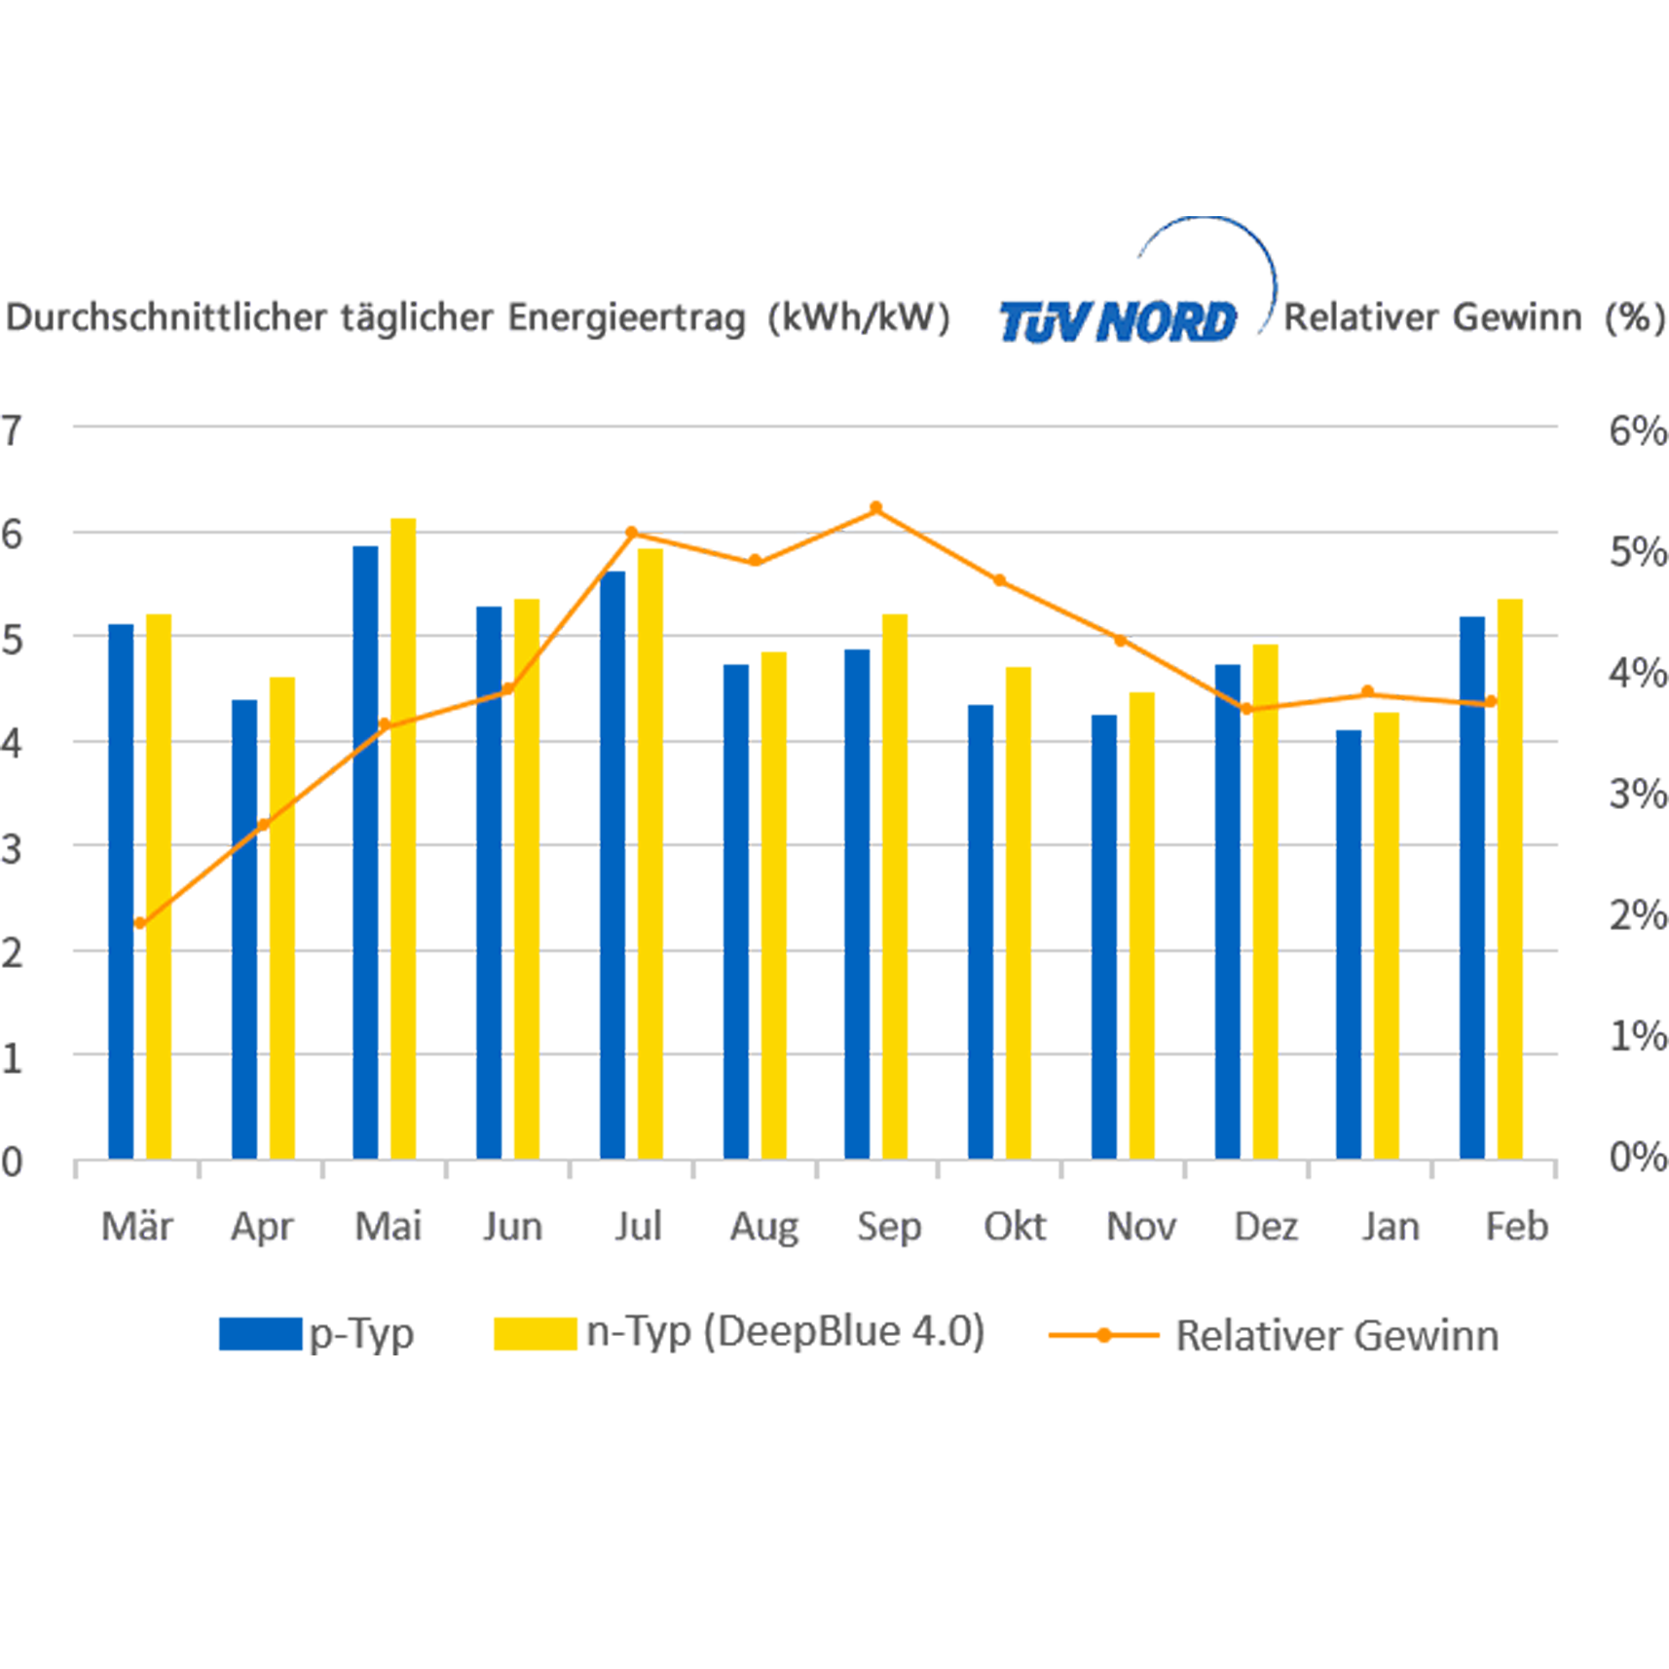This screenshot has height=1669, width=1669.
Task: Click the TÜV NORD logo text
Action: (1118, 321)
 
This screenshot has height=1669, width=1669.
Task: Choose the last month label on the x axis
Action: (1519, 1224)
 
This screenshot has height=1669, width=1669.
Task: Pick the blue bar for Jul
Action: (602, 857)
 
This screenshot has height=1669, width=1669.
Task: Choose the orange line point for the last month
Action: (1490, 701)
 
